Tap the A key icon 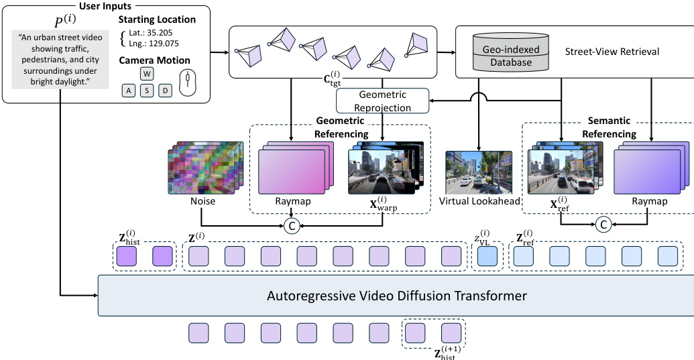click(x=128, y=89)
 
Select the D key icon click(x=165, y=89)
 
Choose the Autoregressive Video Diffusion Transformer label click(x=397, y=295)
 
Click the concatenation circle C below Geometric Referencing click(x=291, y=227)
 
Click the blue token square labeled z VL click(x=485, y=257)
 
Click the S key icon click(x=147, y=89)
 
